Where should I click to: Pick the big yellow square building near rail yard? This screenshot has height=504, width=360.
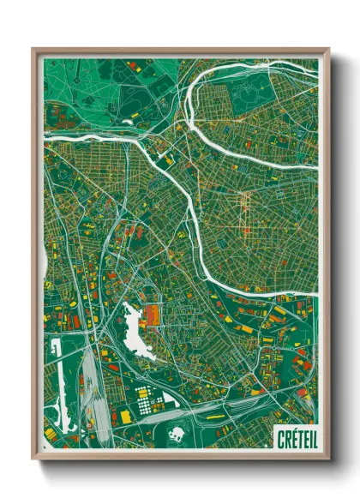126,416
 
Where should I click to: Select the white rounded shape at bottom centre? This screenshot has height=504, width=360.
179,435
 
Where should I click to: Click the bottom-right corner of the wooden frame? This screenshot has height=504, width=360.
329,459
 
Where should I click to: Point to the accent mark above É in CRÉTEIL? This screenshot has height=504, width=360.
293,430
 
